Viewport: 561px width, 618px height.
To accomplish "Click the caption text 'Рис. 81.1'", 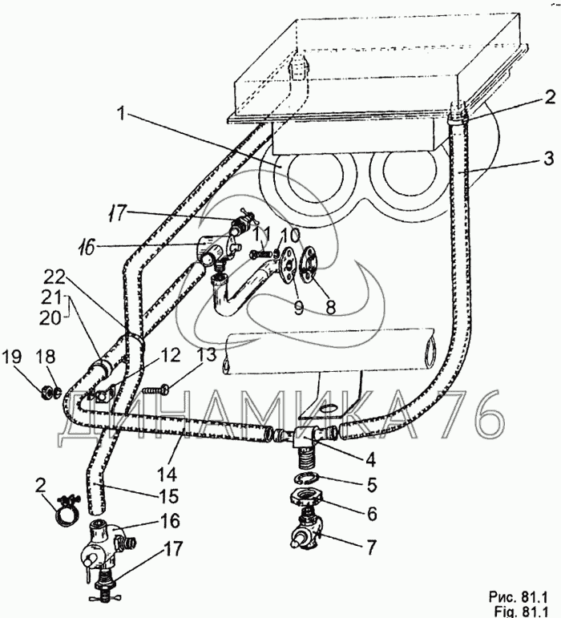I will (x=518, y=597).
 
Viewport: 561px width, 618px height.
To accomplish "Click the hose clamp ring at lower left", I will (x=67, y=511).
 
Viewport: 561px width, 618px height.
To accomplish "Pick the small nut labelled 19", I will (x=47, y=391).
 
